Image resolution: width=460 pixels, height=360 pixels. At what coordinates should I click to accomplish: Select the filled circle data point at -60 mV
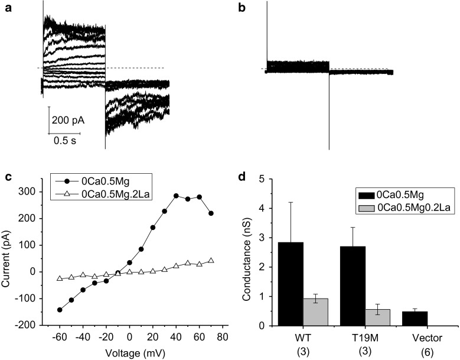(60, 309)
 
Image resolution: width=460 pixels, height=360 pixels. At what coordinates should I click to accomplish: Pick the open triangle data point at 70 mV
(211, 261)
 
